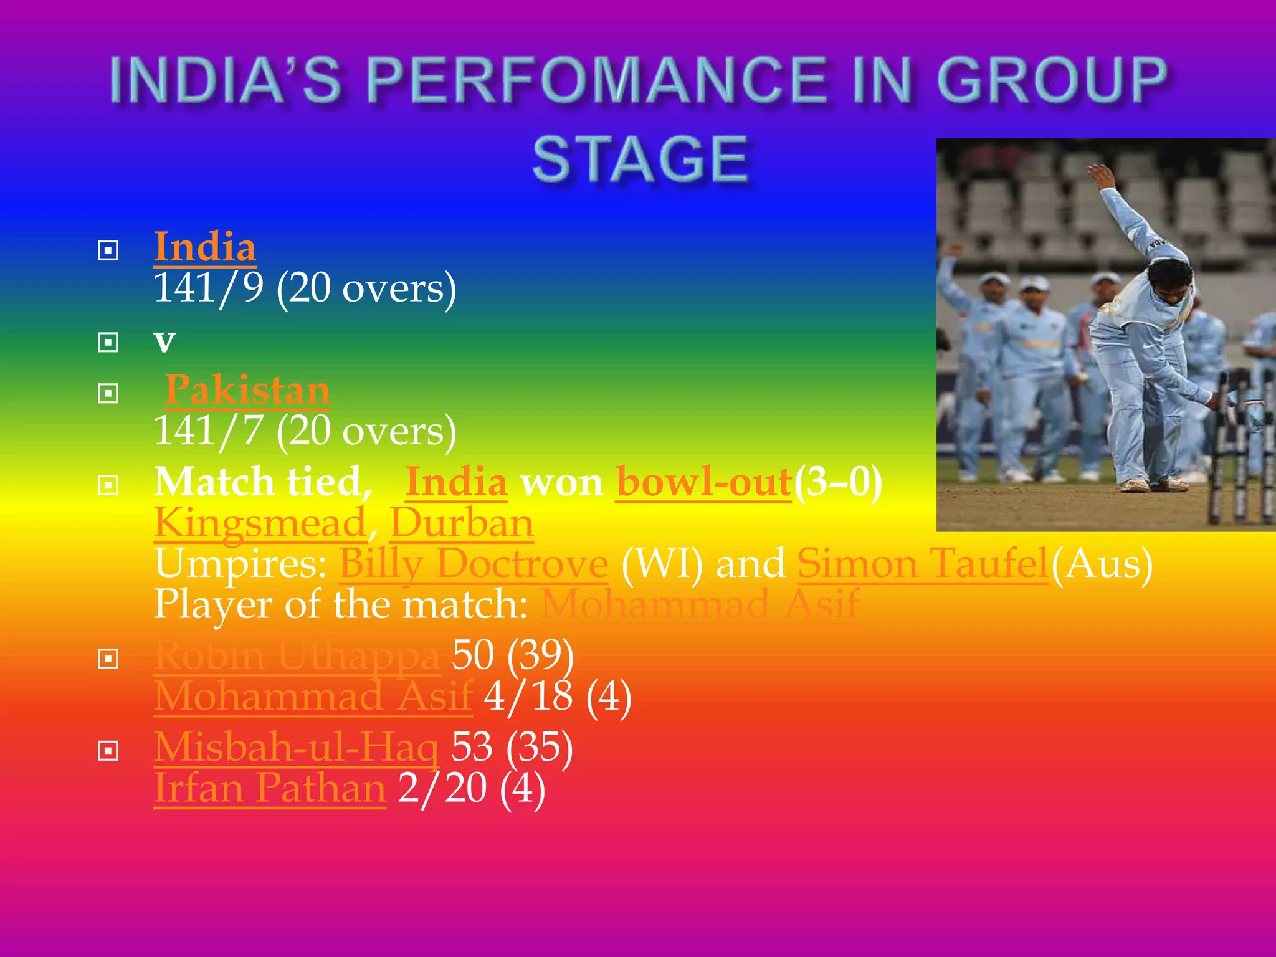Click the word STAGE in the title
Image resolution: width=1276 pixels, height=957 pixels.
tap(640, 160)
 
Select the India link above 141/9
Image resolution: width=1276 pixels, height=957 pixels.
tap(205, 247)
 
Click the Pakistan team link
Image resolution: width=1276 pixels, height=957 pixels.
tap(247, 390)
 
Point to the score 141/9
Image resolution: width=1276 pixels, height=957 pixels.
tap(208, 288)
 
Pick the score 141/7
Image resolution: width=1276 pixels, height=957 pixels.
tap(208, 431)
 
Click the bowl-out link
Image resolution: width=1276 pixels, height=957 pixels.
tap(704, 482)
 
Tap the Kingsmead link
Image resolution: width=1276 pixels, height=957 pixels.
tap(260, 523)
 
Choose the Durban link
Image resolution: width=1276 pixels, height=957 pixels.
tap(462, 523)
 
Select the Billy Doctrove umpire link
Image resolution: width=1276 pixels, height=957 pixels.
tap(473, 564)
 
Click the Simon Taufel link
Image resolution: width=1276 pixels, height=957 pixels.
tap(923, 564)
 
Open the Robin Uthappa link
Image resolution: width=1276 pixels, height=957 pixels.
tap(297, 655)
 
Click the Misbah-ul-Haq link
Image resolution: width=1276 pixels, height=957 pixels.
tap(297, 747)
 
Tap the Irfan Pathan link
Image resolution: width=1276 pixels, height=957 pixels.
tap(270, 788)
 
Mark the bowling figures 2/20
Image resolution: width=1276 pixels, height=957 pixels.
tap(442, 788)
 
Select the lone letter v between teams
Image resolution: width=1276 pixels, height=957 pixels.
tap(164, 341)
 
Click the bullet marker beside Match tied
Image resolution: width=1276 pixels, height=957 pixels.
tap(108, 485)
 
